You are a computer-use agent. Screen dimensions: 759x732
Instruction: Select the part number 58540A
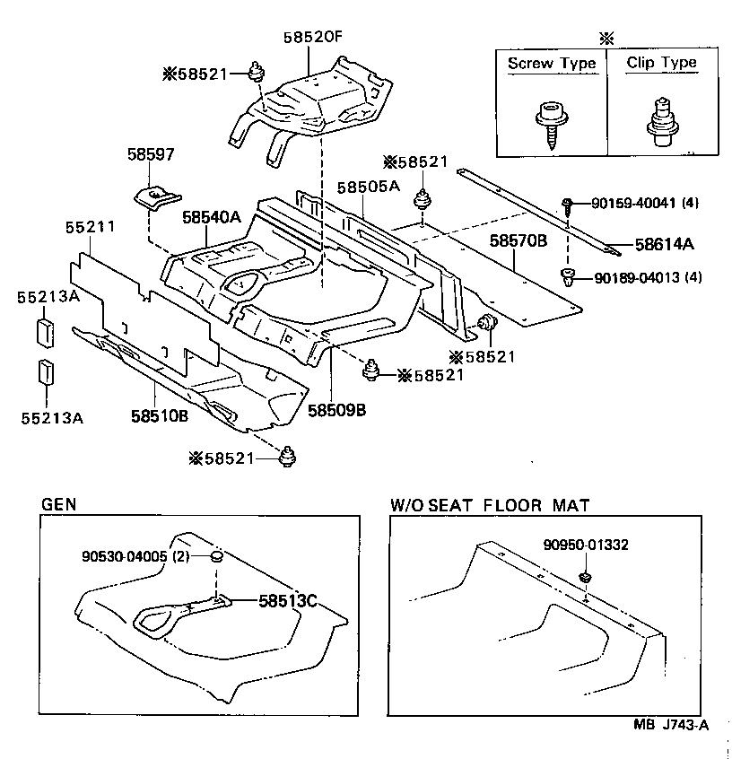[212, 216]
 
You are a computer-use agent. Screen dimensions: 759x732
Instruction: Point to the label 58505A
[368, 187]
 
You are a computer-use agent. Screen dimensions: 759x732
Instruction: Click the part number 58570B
[518, 241]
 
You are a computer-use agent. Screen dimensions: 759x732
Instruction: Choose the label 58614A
[665, 243]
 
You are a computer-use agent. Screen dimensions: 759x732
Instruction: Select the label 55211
[90, 229]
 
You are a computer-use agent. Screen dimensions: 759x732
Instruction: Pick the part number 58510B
[159, 416]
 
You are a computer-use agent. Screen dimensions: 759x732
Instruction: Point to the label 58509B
[336, 409]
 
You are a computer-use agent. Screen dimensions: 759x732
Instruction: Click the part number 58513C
[289, 601]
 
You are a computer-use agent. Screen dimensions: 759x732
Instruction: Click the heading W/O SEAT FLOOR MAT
[490, 505]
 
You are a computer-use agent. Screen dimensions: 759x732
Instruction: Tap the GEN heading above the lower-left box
[58, 504]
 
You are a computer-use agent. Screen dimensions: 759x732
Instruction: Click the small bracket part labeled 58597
[157, 195]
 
